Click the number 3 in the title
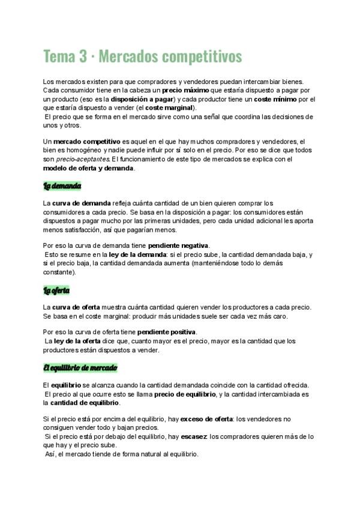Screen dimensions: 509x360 83,56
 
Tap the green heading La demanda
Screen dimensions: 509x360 62,186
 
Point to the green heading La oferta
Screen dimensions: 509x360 57,291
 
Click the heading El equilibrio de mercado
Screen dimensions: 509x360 80,367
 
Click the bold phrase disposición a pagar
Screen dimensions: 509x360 143,98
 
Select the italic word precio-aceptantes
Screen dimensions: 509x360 83,159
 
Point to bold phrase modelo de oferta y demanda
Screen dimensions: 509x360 89,168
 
